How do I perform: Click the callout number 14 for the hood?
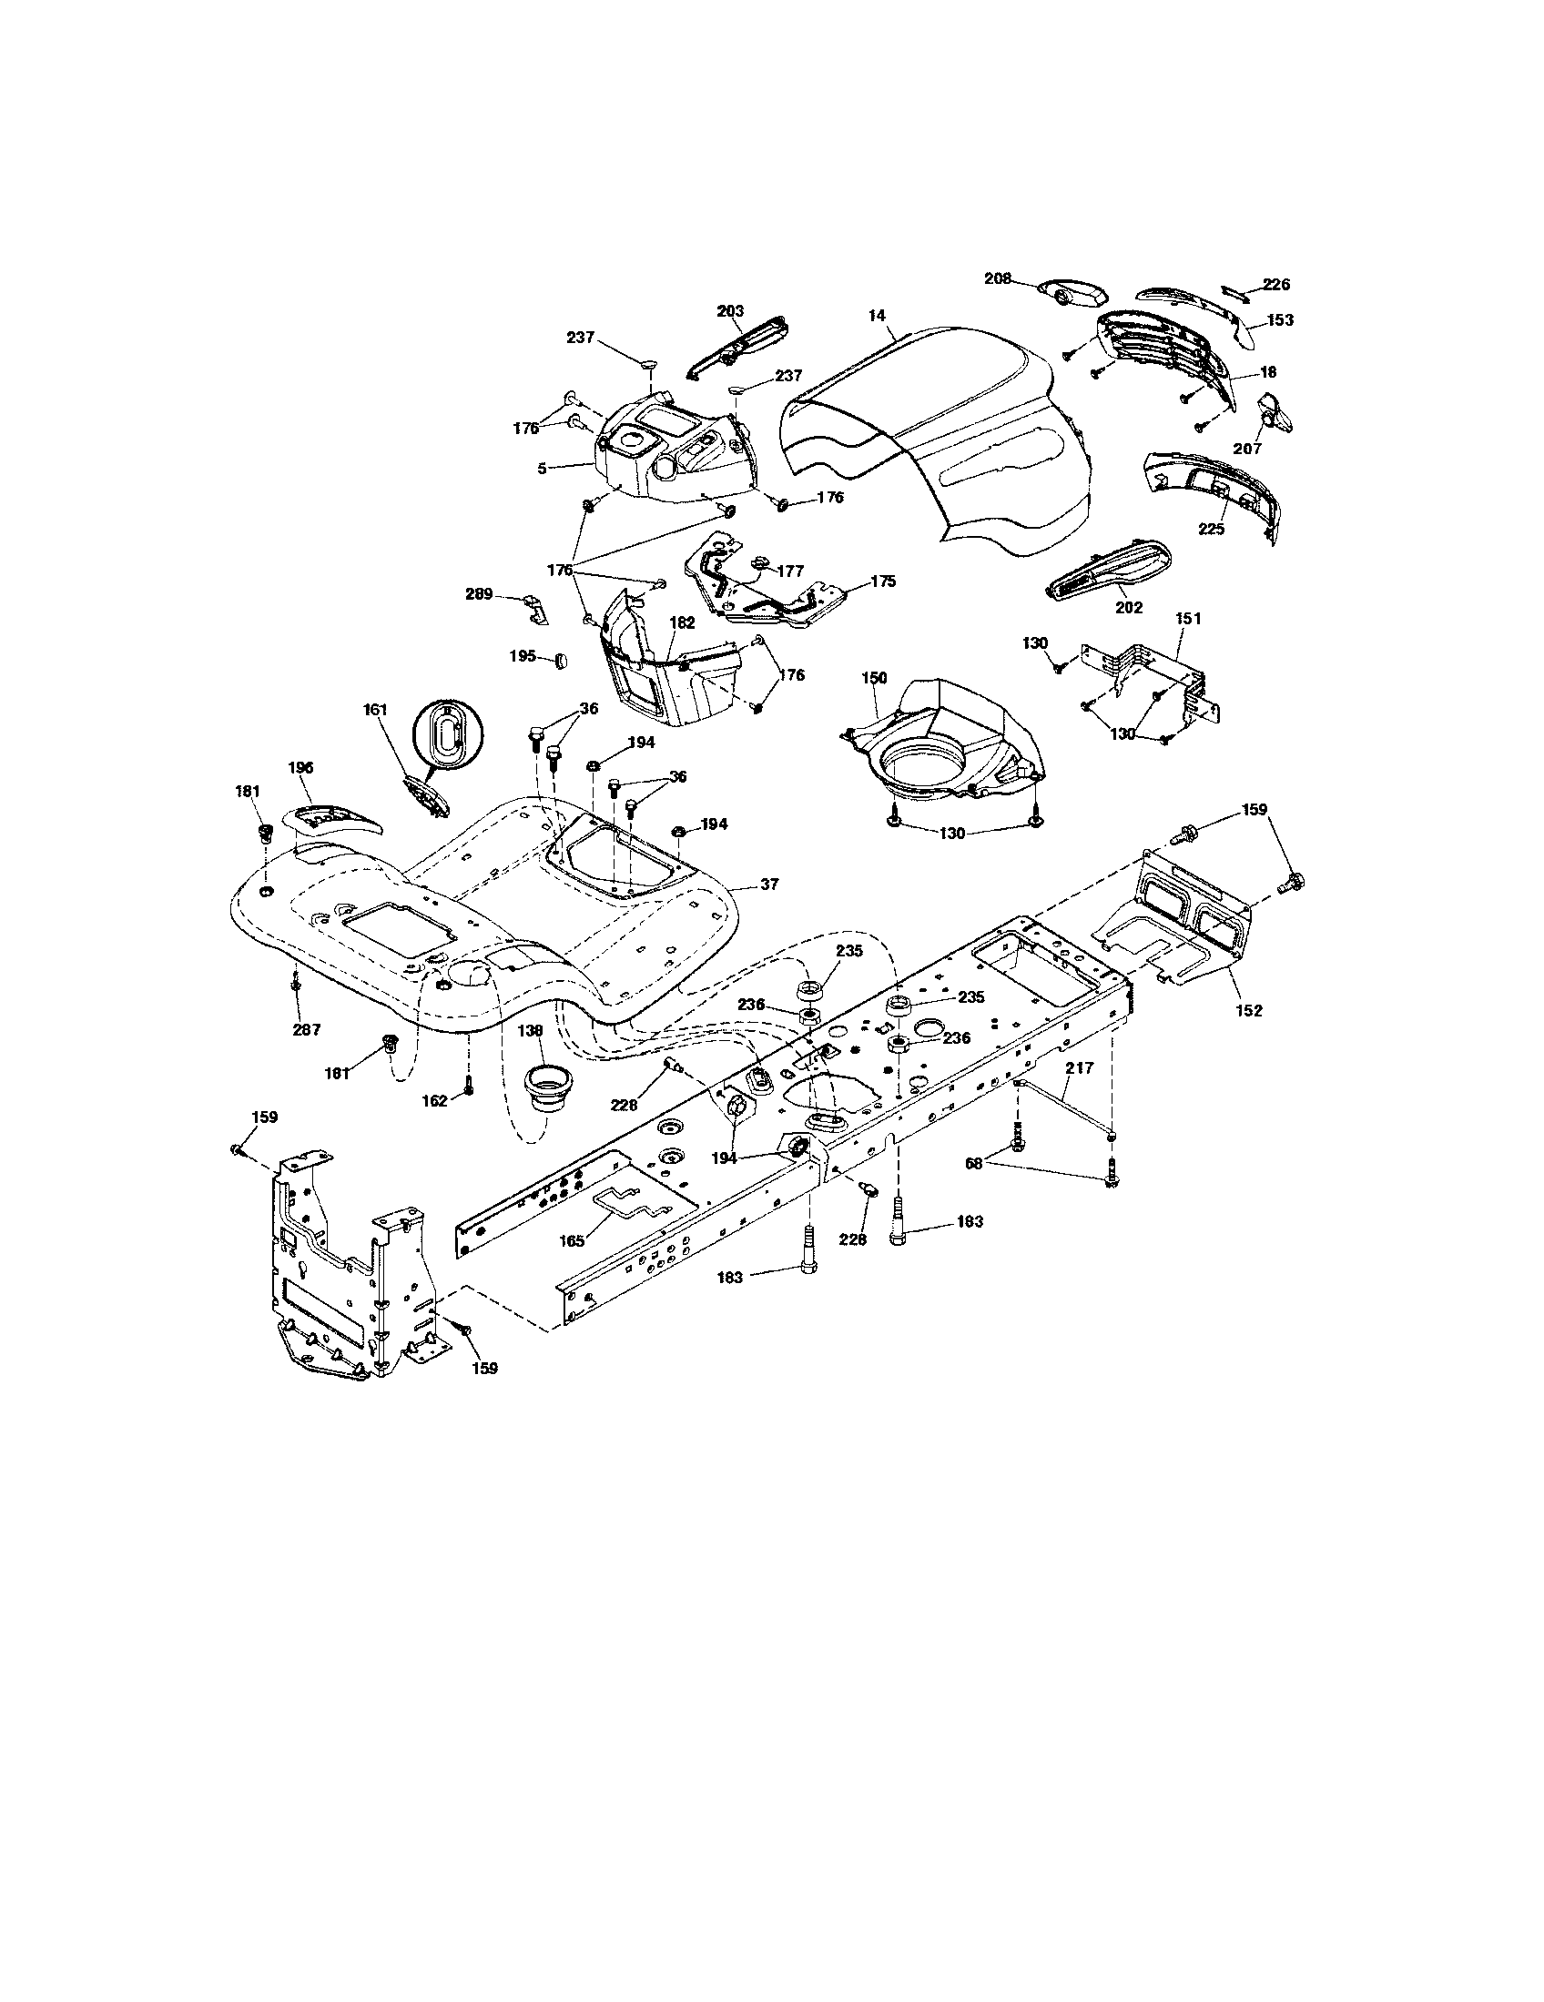coord(877,316)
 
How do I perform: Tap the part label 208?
coord(998,278)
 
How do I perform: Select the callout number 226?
coord(1276,285)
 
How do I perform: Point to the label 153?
coord(1280,320)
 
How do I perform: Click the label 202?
coord(1130,607)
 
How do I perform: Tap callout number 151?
coord(1187,619)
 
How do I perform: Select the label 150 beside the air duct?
coord(874,677)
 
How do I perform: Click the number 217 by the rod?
coord(1078,1068)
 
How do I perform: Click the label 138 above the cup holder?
coord(530,1030)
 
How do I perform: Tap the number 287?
coord(306,1029)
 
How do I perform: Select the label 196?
coord(300,767)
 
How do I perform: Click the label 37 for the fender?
coord(769,884)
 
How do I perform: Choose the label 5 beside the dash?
coord(543,468)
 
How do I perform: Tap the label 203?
coord(730,311)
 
